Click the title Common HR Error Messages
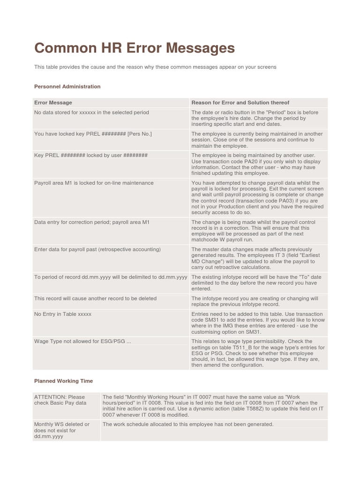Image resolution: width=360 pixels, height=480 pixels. pyautogui.click(x=134, y=48)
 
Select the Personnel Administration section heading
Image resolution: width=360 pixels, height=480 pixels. pyautogui.click(x=67, y=86)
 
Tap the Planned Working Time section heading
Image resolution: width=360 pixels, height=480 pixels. pyautogui.click(x=63, y=381)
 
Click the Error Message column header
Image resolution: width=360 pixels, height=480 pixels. pyautogui.click(x=53, y=102)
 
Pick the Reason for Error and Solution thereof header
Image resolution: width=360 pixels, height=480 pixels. pyautogui.click(x=240, y=102)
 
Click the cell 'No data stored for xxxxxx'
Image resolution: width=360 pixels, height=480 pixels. pyautogui.click(x=91, y=112)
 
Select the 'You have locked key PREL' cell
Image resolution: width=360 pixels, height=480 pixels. pyautogui.click(x=93, y=134)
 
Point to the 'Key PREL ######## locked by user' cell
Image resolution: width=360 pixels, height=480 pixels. pyautogui.click(x=91, y=155)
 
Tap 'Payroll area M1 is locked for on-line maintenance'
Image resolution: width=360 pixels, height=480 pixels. pyautogui.click(x=94, y=183)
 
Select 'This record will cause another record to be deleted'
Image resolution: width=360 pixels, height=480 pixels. pyautogui.click(x=95, y=298)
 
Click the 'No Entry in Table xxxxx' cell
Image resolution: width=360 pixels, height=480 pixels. pyautogui.click(x=63, y=314)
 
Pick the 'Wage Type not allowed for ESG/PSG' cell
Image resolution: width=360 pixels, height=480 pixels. pyautogui.click(x=82, y=341)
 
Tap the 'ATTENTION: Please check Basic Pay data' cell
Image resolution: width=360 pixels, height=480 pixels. pyautogui.click(x=60, y=399)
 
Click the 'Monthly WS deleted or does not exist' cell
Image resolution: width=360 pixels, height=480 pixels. pyautogui.click(x=61, y=430)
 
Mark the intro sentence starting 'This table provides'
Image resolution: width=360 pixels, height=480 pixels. pyautogui.click(x=155, y=67)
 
